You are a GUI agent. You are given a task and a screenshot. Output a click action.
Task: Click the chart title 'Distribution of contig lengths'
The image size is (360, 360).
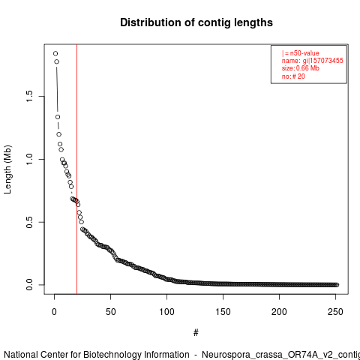coord(196,22)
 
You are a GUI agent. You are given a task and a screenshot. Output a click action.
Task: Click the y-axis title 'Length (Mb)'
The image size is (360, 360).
coord(7,169)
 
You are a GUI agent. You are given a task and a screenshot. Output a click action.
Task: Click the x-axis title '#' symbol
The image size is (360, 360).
coord(196,332)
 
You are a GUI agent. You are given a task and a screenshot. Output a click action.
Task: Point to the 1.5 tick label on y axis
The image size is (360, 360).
coord(29,96)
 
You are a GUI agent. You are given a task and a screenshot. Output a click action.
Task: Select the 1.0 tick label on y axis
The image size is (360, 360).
coord(29,159)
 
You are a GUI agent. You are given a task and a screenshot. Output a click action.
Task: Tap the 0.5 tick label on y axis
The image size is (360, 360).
coord(29,222)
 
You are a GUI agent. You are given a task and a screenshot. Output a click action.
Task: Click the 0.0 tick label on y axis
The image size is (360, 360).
coord(29,285)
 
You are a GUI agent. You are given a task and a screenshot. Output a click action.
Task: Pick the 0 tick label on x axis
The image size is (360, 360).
coord(54,312)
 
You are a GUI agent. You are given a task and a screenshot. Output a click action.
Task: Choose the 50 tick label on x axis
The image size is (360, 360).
coord(110,312)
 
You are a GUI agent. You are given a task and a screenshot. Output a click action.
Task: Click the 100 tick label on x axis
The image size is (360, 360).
coord(166,312)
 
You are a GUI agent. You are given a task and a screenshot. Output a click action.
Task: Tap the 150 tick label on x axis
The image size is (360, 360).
coord(223,312)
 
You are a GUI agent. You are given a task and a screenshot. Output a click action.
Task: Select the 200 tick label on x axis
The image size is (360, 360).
coord(279,312)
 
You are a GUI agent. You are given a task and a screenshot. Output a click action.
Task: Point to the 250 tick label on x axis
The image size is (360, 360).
coord(335,312)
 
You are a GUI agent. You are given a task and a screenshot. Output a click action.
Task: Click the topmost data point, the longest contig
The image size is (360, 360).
coord(55,53)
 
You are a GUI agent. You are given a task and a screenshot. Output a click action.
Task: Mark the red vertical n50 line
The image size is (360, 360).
coord(76,169)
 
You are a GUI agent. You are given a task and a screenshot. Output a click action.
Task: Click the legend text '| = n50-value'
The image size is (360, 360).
coord(301,53)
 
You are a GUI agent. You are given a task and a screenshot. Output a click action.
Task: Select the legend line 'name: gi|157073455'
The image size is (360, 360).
coord(313,61)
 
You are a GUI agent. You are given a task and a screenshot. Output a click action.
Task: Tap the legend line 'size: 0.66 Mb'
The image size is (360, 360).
coord(301,68)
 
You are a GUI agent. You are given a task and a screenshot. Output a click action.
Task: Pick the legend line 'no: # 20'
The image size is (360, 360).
coord(293,76)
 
